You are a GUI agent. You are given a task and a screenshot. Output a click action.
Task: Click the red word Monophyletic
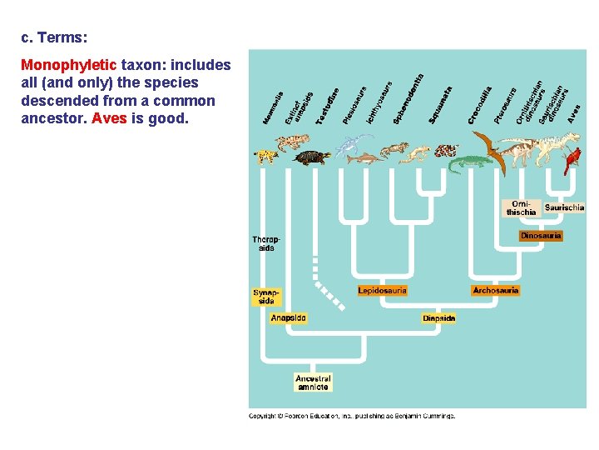pos(70,64)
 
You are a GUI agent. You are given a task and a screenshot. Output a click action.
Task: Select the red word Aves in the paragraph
pos(109,118)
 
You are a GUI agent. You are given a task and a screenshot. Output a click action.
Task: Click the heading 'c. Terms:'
pos(52,37)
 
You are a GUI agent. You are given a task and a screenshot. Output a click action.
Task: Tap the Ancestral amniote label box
pos(313,382)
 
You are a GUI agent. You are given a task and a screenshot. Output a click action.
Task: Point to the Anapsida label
pos(289,317)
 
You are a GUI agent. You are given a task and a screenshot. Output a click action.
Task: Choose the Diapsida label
pos(438,318)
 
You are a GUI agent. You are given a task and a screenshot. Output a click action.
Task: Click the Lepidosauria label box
pos(382,291)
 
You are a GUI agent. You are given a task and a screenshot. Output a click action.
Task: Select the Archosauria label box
pos(495,291)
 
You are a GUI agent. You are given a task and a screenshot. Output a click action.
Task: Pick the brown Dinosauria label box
pos(540,236)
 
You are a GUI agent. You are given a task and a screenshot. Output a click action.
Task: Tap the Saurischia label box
pos(564,207)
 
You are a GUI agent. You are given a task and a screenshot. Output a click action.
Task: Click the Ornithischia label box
pos(522,207)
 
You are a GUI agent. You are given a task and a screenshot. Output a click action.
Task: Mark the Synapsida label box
pos(267,297)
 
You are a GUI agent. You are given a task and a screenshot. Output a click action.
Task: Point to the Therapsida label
pos(266,244)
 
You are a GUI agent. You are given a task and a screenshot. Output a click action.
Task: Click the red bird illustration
pos(572,160)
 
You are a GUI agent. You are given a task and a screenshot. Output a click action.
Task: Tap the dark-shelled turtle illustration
pos(312,157)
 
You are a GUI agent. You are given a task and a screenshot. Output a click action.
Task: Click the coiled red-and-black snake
pos(446,151)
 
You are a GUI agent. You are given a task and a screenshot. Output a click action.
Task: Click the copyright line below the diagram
pos(353,416)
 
